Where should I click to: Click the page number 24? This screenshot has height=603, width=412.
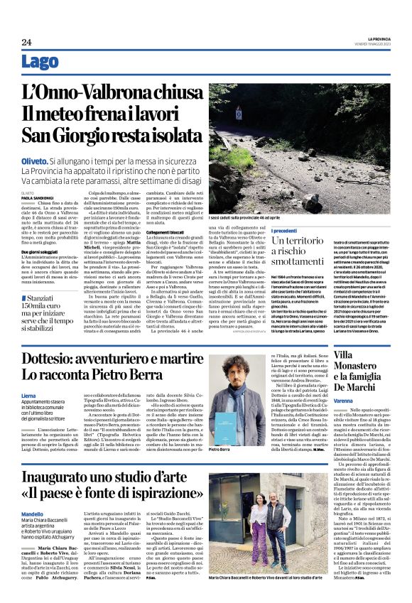(x=26, y=43)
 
